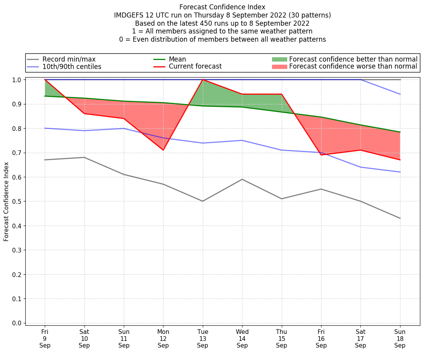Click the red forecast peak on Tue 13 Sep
203,79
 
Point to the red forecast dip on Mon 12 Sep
163,150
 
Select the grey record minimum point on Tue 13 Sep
203,201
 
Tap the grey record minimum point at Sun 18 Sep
400,218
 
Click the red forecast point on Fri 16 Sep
321,155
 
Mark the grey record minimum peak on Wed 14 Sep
242,179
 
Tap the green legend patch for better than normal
279,60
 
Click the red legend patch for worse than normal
279,67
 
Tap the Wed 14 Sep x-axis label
242,339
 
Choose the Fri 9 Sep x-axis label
45,339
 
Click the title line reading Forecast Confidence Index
222,7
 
